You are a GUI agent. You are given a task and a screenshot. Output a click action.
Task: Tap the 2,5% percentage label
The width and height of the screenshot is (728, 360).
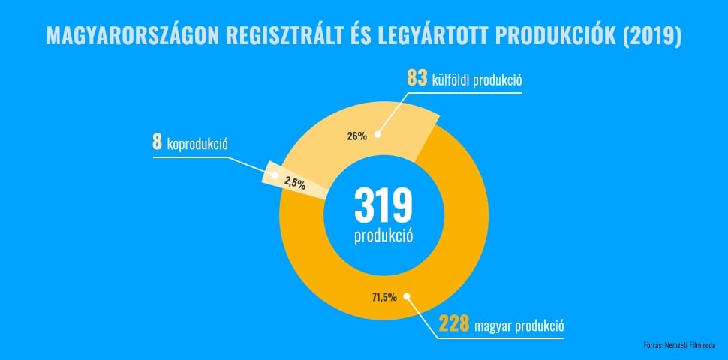[x=295, y=181]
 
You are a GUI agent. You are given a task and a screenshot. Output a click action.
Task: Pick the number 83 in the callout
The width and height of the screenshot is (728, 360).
[x=417, y=78]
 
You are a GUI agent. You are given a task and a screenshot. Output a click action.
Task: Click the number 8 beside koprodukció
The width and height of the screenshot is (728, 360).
[x=157, y=142]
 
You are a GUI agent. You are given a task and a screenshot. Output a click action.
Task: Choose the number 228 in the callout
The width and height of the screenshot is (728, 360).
[x=454, y=325]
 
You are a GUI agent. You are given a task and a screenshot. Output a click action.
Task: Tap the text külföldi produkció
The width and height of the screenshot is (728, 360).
[x=477, y=79]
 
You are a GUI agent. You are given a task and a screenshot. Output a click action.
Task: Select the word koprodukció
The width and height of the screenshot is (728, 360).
[x=197, y=144]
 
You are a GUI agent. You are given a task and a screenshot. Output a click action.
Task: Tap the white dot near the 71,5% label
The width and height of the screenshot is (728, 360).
[x=407, y=296]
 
